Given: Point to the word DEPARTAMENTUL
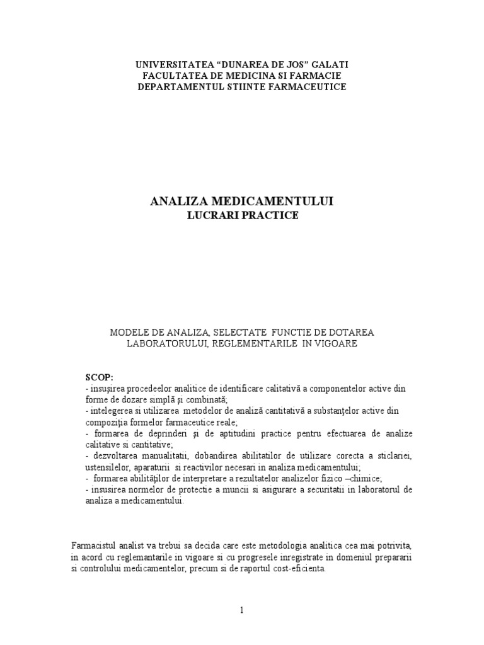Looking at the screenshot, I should click(178, 86).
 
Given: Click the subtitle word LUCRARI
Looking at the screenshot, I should click(209, 215).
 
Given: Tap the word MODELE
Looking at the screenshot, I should click(129, 332).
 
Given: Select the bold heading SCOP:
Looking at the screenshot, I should click(100, 377).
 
